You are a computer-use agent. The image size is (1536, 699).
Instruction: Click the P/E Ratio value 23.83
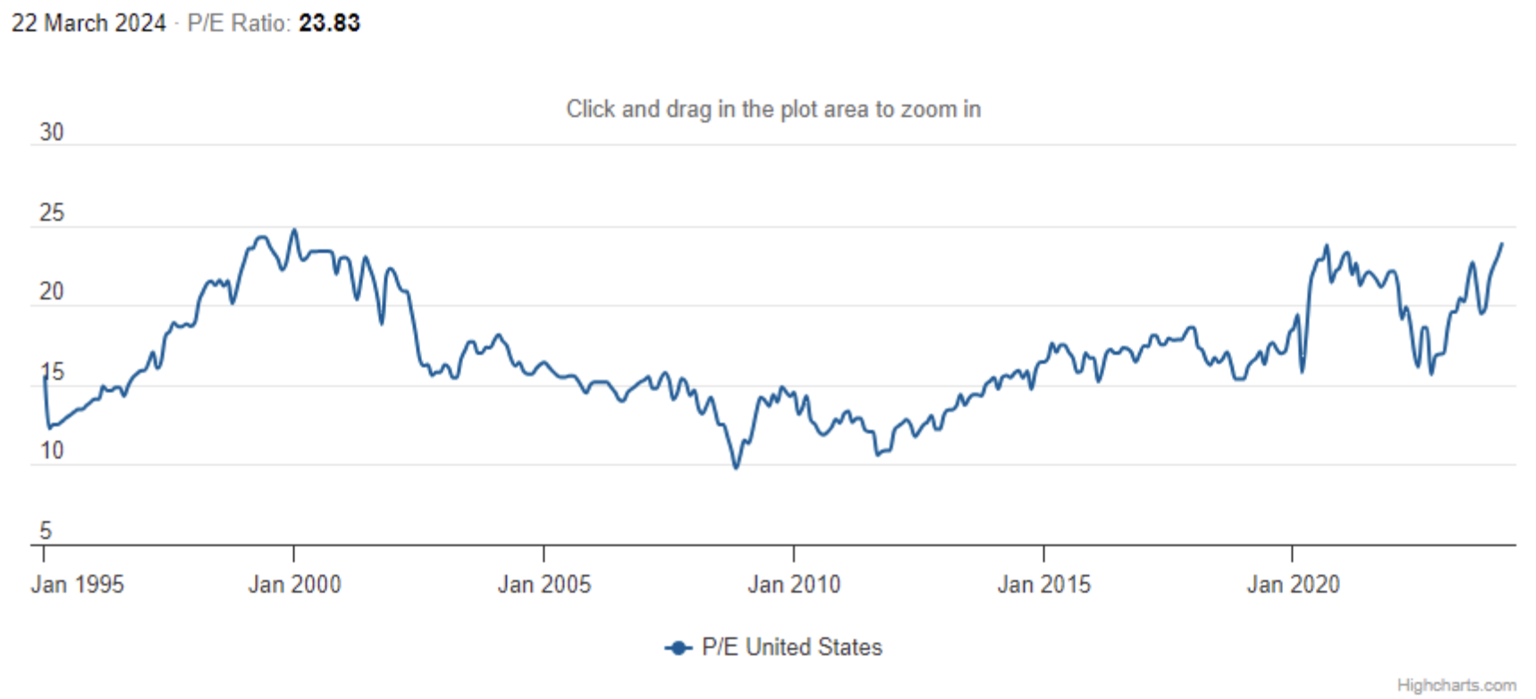[329, 23]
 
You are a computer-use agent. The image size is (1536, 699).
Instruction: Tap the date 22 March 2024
[89, 23]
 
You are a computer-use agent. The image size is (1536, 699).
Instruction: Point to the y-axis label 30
[52, 132]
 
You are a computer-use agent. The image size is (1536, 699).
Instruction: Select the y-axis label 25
[52, 213]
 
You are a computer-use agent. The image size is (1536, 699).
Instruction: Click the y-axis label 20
[52, 291]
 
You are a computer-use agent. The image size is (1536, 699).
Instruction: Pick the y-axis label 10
[52, 451]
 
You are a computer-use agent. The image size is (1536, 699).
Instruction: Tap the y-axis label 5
[46, 531]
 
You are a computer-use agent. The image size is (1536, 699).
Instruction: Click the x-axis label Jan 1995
[78, 585]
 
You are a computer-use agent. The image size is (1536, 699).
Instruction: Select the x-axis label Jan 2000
[294, 585]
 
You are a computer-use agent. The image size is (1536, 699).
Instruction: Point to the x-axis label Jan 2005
[544, 585]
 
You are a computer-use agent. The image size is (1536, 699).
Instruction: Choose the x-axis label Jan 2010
[794, 585]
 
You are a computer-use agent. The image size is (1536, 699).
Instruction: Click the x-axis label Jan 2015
[1043, 585]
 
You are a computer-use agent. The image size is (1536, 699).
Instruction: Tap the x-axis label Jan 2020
[1293, 585]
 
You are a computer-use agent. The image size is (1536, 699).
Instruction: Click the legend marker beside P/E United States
[679, 647]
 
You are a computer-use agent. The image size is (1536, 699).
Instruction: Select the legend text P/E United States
[792, 647]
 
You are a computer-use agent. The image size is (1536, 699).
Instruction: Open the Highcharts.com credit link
[1456, 686]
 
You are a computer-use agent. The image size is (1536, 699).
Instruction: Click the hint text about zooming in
[773, 109]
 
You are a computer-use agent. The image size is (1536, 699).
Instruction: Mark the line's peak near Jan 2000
[294, 230]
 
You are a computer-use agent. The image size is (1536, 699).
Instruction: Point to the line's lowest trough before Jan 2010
[737, 467]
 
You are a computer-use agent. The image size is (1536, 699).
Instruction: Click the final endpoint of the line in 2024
[1502, 243]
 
